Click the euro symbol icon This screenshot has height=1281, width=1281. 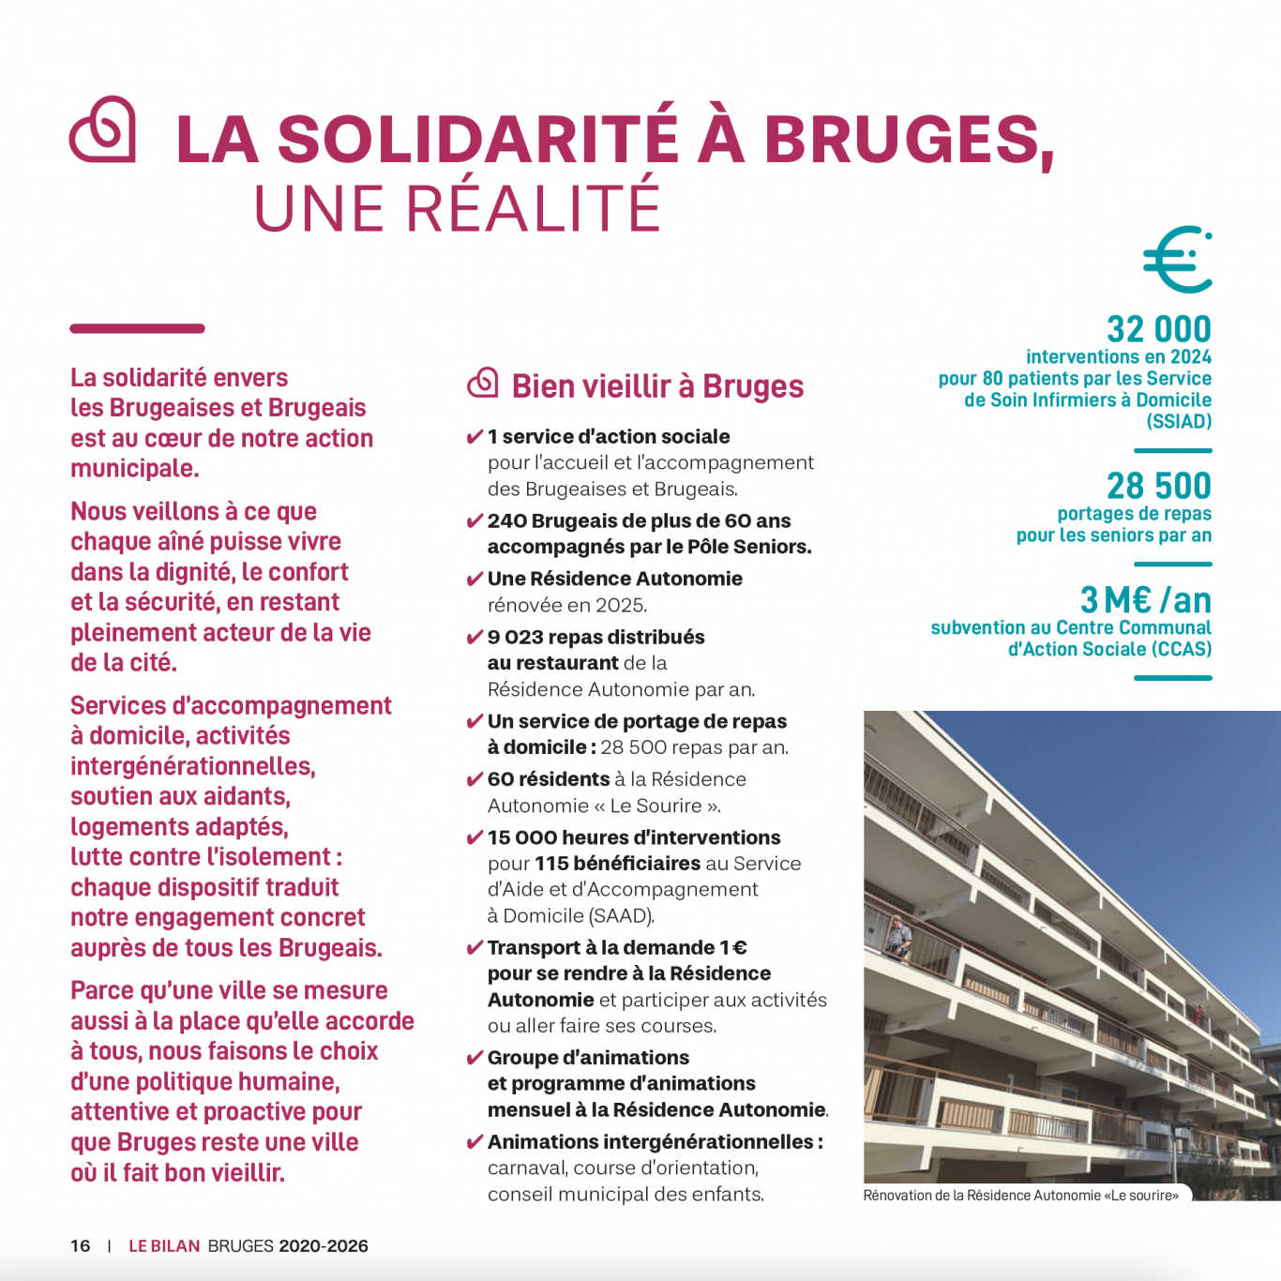point(1178,260)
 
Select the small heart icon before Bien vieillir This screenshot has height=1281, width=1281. point(483,383)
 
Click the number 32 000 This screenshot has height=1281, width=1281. point(1158,329)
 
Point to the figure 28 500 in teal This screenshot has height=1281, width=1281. point(1158,486)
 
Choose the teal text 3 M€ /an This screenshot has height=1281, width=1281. point(1145,600)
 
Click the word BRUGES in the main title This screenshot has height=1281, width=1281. point(909,139)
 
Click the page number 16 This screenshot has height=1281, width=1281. point(81,1246)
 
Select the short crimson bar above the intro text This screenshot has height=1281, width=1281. point(137,329)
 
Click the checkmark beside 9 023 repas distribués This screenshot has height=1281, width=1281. point(475,639)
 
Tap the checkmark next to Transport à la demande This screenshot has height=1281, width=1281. point(475,949)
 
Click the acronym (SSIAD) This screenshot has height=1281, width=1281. point(1179,422)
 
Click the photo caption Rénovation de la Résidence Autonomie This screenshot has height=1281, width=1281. point(1020,1196)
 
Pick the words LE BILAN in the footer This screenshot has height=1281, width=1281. point(164,1246)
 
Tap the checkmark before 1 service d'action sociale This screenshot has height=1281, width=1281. point(475,437)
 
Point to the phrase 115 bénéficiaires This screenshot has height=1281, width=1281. point(617,864)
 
